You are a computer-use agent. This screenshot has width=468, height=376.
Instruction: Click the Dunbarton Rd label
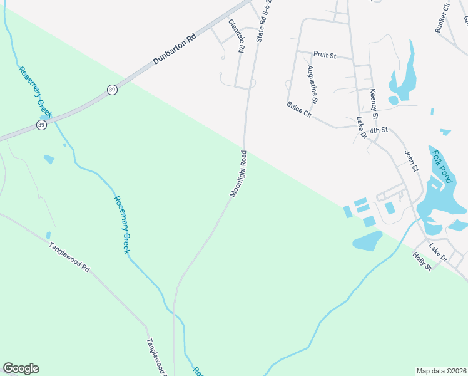point(175,50)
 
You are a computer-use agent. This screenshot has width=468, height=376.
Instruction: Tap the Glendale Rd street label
point(236,35)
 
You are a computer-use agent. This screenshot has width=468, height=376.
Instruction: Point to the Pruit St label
point(325,56)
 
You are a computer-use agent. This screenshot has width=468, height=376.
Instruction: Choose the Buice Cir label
point(299,110)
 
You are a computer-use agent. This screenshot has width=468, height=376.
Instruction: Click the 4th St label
point(379,130)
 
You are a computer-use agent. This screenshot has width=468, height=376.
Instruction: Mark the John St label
point(410,162)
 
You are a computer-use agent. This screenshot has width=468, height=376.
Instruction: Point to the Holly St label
point(423,261)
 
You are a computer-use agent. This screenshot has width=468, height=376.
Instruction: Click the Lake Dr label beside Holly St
point(439,253)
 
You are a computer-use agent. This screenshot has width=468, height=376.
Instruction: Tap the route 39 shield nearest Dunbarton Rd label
point(111,89)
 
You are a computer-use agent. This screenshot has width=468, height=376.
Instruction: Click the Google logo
point(21,368)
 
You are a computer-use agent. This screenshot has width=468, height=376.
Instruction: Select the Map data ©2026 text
point(441,371)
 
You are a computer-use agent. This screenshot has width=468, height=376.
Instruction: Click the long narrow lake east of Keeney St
point(403,72)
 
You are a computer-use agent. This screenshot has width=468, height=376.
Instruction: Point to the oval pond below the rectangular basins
point(367,241)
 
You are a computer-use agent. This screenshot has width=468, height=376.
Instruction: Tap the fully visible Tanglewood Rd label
point(69,256)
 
